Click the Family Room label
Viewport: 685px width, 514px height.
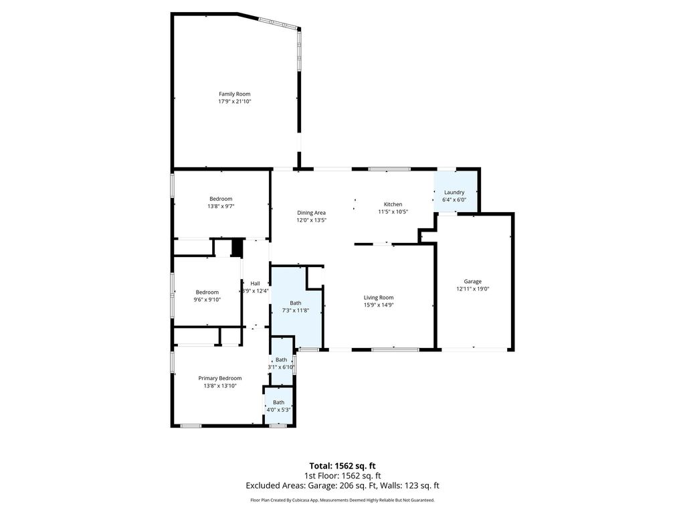click(x=235, y=94)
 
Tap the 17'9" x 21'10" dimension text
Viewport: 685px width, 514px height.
click(x=235, y=102)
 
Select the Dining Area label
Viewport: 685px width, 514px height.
click(x=312, y=213)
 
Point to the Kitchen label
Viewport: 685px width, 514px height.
click(x=393, y=204)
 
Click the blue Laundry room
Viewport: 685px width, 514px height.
click(x=455, y=192)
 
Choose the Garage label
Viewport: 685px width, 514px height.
click(x=473, y=282)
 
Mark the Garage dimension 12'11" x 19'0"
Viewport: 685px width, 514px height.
click(x=473, y=289)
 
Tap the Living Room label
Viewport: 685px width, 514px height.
click(x=379, y=298)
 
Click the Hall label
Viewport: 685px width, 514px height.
click(x=255, y=284)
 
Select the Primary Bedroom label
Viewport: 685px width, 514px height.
click(x=220, y=379)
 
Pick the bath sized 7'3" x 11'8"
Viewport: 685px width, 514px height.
click(x=297, y=306)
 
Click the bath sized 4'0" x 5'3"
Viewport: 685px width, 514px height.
click(x=279, y=406)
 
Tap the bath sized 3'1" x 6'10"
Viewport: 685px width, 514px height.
click(x=282, y=363)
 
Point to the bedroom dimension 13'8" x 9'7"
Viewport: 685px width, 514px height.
click(x=221, y=206)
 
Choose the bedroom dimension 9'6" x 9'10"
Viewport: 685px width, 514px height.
click(x=207, y=300)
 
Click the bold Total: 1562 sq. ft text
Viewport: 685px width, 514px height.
click(x=342, y=466)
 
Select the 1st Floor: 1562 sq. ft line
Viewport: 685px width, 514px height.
click(x=342, y=476)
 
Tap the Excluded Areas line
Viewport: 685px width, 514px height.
click(x=342, y=486)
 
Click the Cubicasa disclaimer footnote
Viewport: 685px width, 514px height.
click(x=342, y=500)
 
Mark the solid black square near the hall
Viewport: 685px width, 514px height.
click(x=236, y=248)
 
